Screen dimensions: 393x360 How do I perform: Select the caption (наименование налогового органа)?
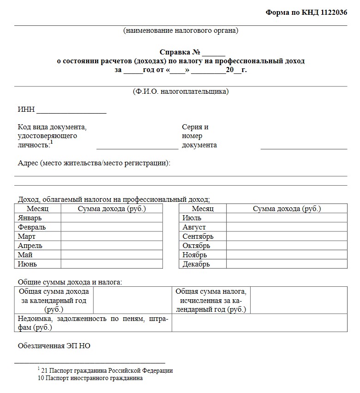coord(180,31)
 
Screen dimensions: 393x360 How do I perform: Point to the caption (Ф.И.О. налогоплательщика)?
coord(180,91)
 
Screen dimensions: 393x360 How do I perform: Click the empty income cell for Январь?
coord(112,218)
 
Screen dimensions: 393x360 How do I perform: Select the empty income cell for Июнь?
coord(112,264)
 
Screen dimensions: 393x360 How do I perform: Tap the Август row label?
coord(194,227)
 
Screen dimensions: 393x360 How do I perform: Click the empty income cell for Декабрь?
coord(286,264)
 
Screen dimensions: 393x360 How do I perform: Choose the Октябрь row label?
coord(197,246)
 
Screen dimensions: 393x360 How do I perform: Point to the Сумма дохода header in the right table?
coord(287,209)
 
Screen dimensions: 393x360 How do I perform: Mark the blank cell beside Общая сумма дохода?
coord(132,300)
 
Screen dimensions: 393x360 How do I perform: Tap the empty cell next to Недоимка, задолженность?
coord(259,323)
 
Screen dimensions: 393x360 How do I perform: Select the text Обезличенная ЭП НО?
coord(54,345)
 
